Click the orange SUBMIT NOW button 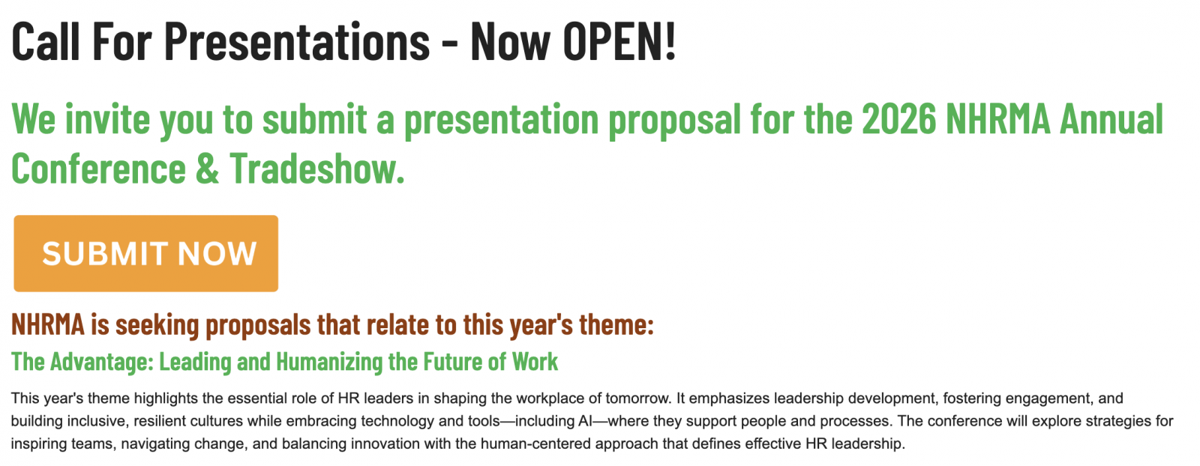point(145,253)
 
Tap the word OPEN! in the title point(619,40)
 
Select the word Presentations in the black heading point(297,40)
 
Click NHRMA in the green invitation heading point(997,119)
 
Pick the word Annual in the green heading point(1111,119)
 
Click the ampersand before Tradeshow point(208,169)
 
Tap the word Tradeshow point(316,168)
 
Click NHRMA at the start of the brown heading point(48,324)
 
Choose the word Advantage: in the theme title point(102,362)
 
